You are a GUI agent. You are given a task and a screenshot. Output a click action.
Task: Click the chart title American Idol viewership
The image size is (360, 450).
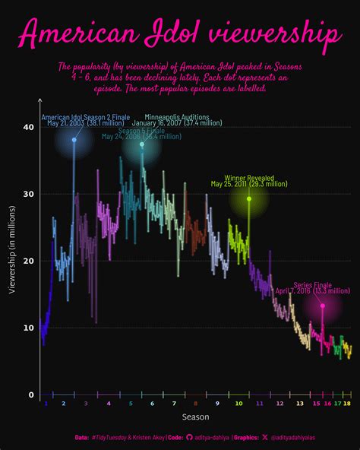coord(180,34)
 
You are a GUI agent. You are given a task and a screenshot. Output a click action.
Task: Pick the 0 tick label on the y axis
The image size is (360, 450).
coord(31,395)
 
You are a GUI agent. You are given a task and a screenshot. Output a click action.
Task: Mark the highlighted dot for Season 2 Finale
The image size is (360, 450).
coord(74,140)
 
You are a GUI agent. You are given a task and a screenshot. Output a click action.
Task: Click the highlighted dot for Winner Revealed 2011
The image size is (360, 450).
coord(248,198)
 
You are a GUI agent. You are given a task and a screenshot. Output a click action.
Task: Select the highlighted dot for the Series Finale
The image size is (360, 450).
coord(323,306)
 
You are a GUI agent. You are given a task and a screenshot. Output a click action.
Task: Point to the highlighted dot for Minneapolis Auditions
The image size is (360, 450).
coord(141,144)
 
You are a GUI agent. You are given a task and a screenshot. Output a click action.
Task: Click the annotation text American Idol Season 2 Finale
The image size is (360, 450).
coord(85,117)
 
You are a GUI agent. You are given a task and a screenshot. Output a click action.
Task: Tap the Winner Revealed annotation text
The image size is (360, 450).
coord(249,177)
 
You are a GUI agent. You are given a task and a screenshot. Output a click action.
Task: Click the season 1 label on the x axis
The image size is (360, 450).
coord(46,404)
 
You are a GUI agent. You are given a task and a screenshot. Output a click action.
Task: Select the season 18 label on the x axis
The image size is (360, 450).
coord(346,404)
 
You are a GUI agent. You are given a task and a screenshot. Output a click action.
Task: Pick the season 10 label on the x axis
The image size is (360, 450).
coord(238,404)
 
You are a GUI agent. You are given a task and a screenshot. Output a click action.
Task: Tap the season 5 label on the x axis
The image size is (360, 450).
coord(131,404)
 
